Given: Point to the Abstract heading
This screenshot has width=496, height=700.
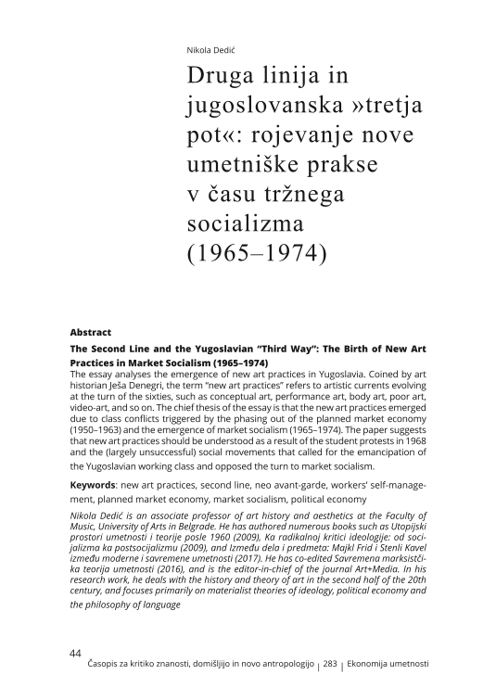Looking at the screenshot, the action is click(x=91, y=331).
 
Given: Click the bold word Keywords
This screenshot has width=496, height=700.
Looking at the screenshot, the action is click(x=95, y=486).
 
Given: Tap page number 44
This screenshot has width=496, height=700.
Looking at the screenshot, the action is click(x=77, y=654).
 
